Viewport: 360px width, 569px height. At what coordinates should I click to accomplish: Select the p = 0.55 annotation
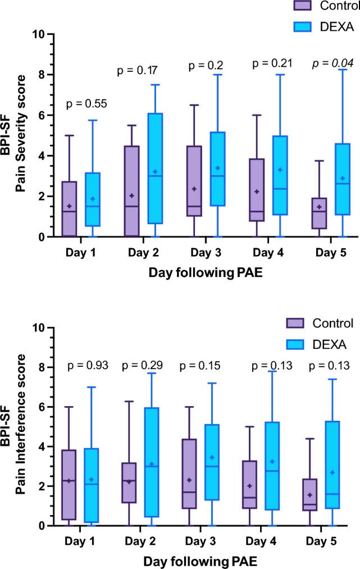(86, 103)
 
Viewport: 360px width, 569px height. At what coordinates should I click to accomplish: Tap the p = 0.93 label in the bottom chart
(87, 366)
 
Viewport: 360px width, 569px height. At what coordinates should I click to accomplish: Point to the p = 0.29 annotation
(143, 366)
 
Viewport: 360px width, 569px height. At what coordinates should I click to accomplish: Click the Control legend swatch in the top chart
(304, 6)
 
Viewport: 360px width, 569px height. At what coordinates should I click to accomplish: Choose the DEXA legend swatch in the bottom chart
(304, 343)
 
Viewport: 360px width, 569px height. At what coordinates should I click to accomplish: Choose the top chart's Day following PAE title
(193, 274)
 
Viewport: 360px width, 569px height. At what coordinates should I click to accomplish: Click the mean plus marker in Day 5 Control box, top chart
(319, 207)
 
